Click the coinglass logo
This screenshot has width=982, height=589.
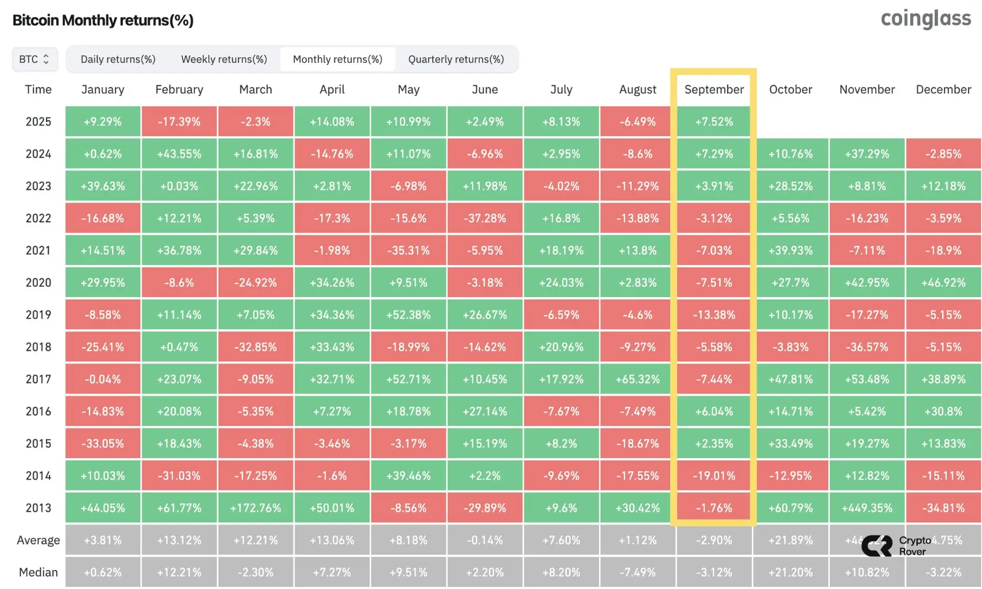[925, 19]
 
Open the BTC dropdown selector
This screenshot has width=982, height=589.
[35, 59]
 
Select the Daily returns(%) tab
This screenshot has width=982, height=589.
[118, 59]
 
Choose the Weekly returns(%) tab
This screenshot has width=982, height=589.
[224, 59]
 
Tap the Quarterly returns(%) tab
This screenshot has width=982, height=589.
[456, 59]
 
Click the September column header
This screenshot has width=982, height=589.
[714, 89]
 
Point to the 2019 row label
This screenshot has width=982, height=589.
[38, 315]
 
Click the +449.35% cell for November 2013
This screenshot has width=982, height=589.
[867, 508]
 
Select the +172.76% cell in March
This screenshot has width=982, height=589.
[255, 508]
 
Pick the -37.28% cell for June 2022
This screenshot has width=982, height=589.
[485, 218]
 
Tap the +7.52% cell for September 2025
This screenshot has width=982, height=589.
[714, 122]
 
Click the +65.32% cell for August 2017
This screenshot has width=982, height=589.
[637, 379]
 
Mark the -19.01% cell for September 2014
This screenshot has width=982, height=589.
[714, 476]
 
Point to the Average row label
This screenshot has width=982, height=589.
[38, 540]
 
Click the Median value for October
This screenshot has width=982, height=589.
[790, 572]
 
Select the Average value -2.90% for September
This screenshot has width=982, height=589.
[714, 540]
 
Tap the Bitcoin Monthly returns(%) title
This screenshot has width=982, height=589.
[103, 20]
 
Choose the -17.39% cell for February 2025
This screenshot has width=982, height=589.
[179, 122]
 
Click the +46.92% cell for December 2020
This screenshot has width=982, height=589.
[943, 283]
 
